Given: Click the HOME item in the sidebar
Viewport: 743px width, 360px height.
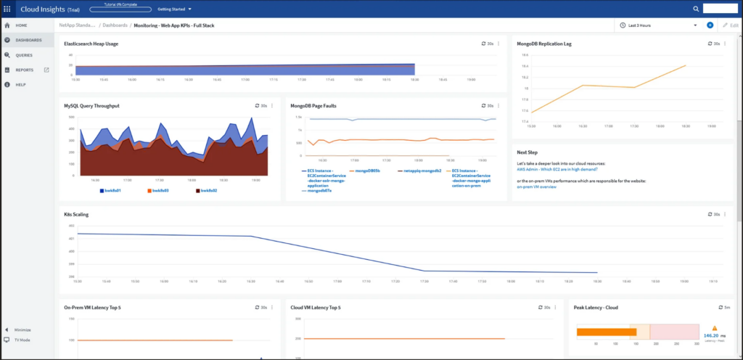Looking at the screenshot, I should coord(21,25).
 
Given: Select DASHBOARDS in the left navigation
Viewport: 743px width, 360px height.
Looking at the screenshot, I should coord(28,40).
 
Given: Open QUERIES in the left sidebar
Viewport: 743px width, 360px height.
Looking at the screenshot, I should coord(24,55).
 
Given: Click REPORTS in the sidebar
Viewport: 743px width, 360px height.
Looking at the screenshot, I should coord(25,70).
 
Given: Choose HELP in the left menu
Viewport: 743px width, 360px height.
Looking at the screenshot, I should coord(21,85).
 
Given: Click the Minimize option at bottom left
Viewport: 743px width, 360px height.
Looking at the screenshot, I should coord(22,330).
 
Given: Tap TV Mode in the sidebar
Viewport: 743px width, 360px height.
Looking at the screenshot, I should coord(22,340).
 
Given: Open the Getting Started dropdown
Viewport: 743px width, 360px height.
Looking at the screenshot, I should coord(175,9).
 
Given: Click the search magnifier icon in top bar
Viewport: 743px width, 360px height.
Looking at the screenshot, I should coord(696,9).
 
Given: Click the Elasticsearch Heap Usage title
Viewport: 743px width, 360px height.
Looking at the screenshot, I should coord(91,44).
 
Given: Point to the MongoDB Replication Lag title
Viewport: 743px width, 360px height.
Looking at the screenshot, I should coord(544,44).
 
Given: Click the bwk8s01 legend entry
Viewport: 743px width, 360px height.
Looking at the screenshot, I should coord(111,190).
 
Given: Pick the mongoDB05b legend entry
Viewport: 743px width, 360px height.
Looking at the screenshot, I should coord(371,171).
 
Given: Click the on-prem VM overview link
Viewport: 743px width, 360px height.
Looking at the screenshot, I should coord(536,187).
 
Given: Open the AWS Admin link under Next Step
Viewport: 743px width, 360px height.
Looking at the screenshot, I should coord(557,169).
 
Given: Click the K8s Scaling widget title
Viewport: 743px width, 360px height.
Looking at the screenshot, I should coord(76,214).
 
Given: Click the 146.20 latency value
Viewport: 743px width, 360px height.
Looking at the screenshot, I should coord(711,336).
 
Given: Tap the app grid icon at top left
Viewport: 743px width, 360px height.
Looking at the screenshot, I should coord(7,9).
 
